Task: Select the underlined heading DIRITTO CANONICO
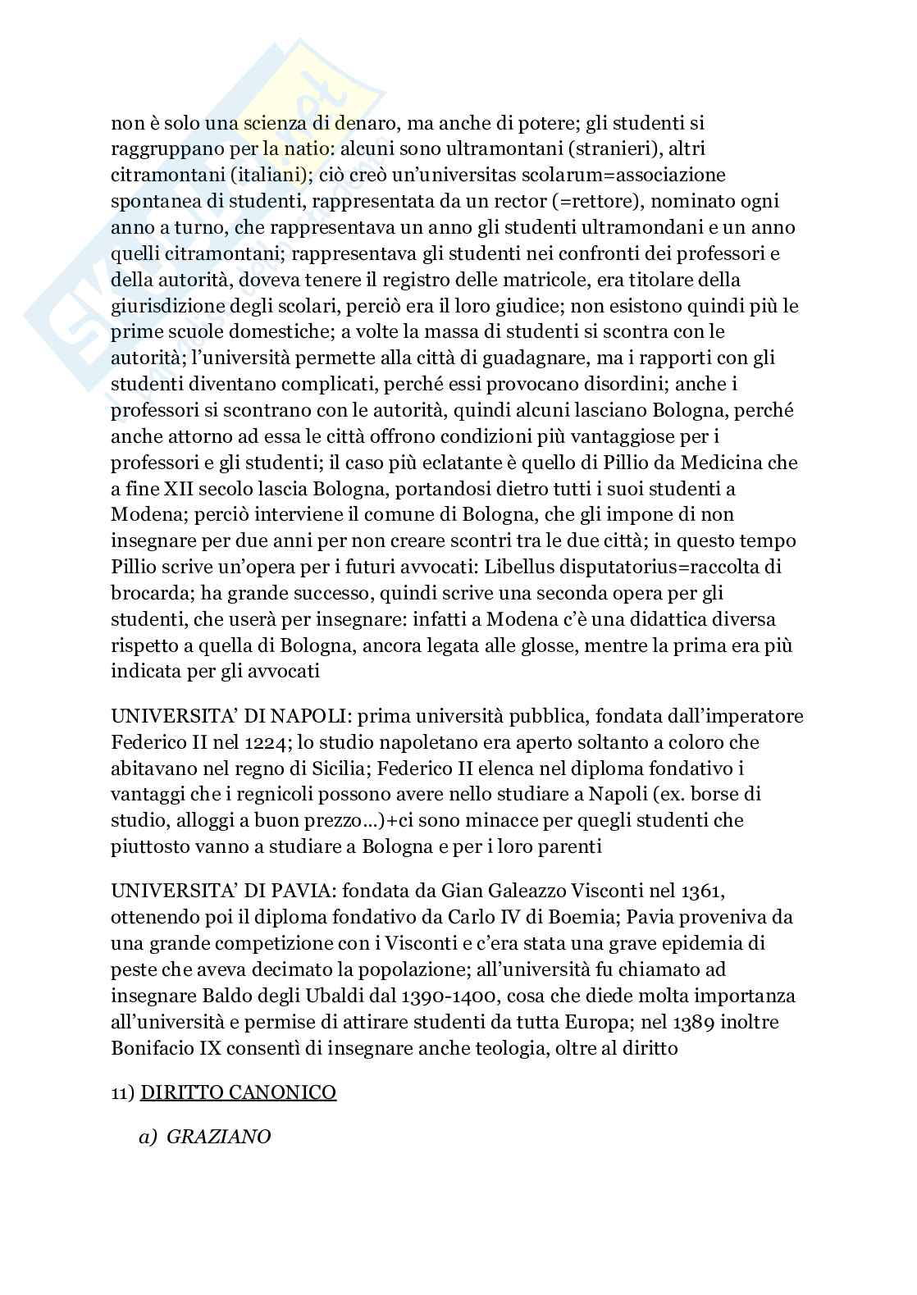(239, 1092)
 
